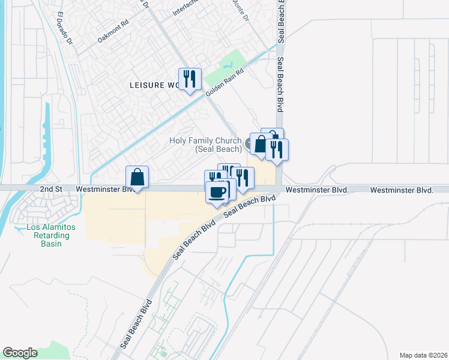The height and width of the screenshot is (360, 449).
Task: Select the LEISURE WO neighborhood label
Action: (x=154, y=85)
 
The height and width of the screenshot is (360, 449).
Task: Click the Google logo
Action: (x=20, y=353)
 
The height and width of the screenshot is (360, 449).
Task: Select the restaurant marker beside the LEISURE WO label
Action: (x=190, y=79)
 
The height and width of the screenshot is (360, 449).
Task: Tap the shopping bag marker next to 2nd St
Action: (x=137, y=177)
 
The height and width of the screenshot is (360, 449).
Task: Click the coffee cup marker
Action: (x=217, y=192)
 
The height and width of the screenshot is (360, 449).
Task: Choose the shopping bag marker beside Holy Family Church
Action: (x=261, y=145)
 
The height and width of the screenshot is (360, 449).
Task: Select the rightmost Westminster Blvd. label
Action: (x=402, y=190)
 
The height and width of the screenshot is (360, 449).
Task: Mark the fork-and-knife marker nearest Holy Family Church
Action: (x=277, y=149)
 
